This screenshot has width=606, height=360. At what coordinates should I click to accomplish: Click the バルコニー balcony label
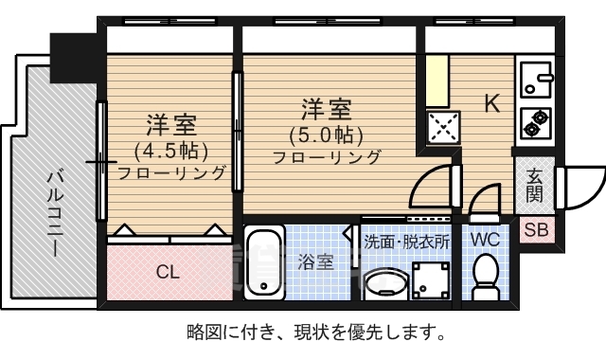tap(54, 213)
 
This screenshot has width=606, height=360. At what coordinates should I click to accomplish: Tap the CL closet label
tap(168, 272)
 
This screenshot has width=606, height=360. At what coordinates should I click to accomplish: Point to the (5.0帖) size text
tap(326, 134)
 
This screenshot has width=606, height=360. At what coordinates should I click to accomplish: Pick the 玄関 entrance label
tap(535, 186)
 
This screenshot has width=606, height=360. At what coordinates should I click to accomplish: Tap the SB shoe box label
tap(535, 229)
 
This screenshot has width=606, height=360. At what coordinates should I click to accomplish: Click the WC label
tap(485, 241)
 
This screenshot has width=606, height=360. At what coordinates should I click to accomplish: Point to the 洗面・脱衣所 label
tap(407, 242)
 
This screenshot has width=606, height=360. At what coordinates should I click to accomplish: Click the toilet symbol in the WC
tap(486, 274)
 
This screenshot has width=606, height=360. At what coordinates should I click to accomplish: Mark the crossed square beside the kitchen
tap(442, 127)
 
